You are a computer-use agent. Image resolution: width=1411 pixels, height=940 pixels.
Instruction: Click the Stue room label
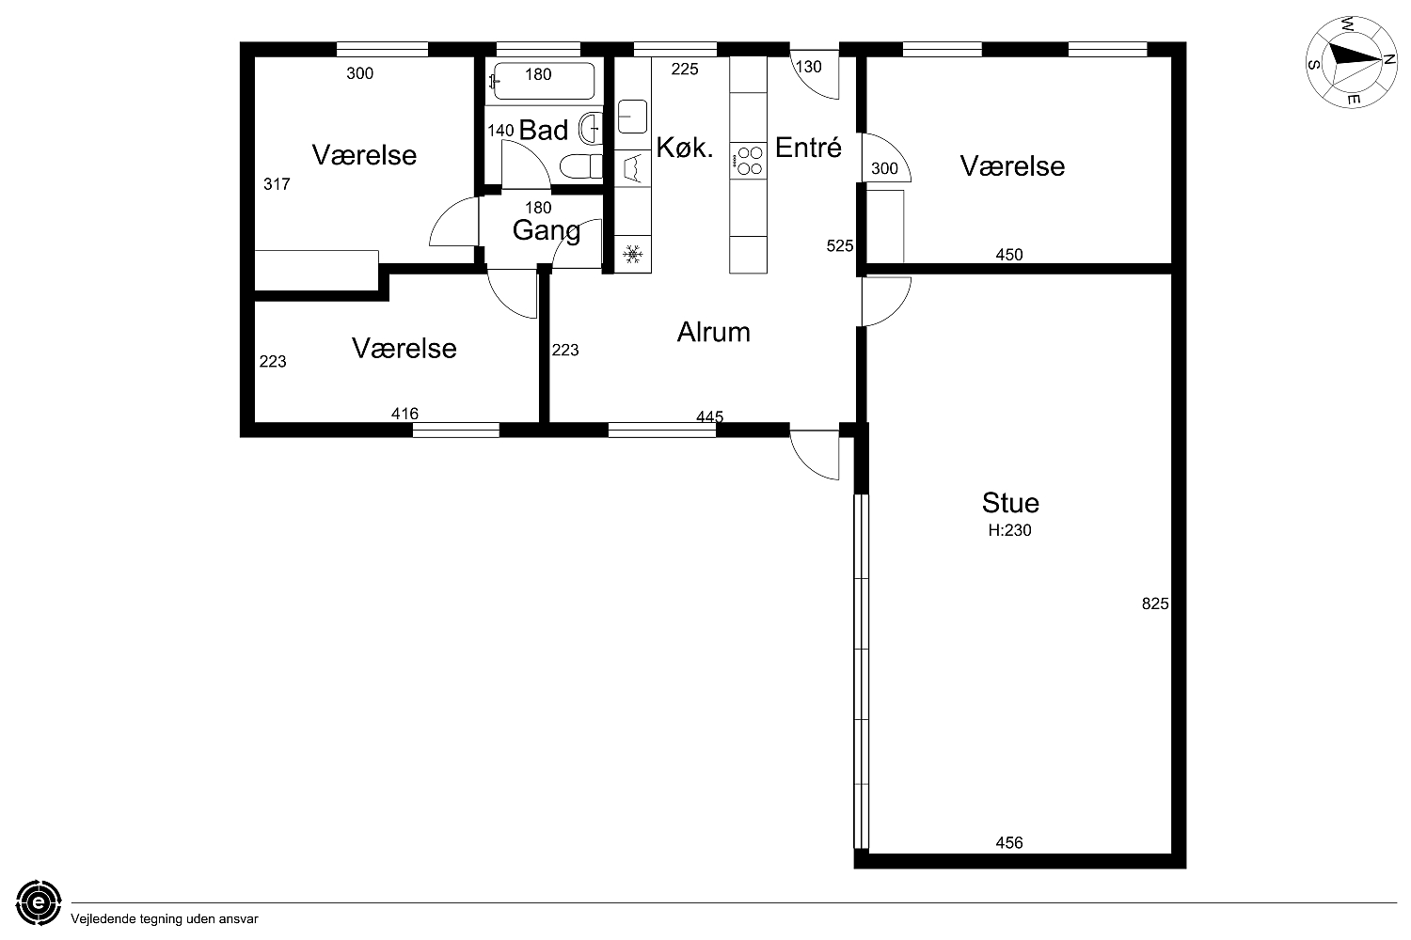[x=1010, y=502]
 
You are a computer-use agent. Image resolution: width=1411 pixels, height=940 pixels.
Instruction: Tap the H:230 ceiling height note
[x=1009, y=530]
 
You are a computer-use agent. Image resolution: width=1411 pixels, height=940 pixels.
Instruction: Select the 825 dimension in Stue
[x=1155, y=603]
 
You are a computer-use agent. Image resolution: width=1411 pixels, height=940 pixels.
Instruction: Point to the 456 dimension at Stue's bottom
[x=1009, y=842]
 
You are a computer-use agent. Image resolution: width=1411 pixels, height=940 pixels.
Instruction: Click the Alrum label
[x=714, y=332]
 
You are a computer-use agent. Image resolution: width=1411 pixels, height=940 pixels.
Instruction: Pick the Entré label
[x=808, y=148]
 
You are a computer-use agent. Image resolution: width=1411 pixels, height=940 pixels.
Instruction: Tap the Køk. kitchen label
[x=685, y=148]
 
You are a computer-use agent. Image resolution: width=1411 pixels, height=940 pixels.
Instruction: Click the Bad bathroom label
[x=544, y=131]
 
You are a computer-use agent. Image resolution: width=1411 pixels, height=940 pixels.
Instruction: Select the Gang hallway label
[x=547, y=231]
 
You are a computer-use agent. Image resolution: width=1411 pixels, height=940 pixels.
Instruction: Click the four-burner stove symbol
[x=749, y=161]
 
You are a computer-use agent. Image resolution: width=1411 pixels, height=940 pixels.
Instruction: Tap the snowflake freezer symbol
[x=632, y=255]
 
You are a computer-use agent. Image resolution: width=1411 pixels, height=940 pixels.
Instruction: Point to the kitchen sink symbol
[x=632, y=117]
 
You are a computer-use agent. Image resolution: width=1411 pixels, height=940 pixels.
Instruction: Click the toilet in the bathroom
[x=580, y=166]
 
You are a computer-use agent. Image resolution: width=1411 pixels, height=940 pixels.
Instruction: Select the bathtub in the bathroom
[x=544, y=81]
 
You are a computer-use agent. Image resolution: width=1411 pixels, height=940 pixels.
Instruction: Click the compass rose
[x=1352, y=62]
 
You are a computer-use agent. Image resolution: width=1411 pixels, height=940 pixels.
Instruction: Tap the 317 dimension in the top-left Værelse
[x=277, y=184]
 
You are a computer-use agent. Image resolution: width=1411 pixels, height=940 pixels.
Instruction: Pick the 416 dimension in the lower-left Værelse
[x=404, y=414]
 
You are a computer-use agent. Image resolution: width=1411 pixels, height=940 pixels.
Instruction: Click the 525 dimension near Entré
[x=840, y=246]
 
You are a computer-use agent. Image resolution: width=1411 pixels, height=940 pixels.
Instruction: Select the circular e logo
[x=39, y=902]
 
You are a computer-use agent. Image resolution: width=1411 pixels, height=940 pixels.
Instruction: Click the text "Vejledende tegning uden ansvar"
[x=165, y=919]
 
